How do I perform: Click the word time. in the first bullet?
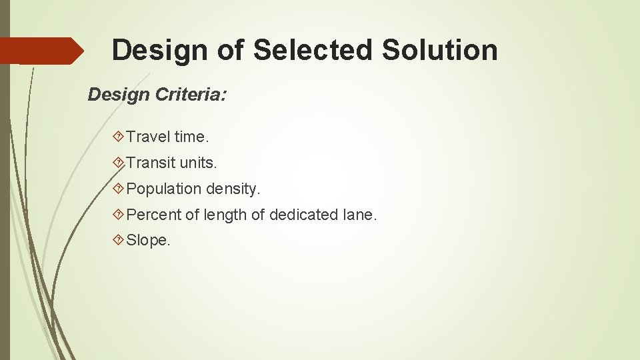tap(191, 137)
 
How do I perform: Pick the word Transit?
tap(151, 163)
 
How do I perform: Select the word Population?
tap(163, 189)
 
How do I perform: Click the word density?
tap(233, 189)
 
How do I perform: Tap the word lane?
tap(360, 215)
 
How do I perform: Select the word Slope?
tap(148, 241)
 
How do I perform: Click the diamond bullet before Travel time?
tap(119, 137)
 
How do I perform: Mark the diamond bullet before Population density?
tap(119, 189)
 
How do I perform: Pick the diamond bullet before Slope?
tap(119, 241)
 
